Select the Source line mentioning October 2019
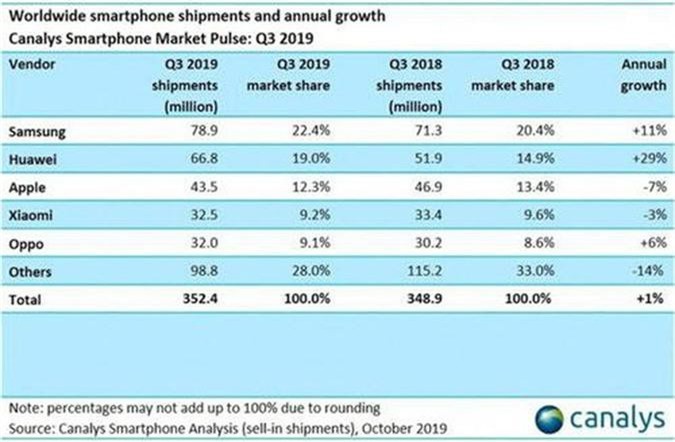coord(214,427)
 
